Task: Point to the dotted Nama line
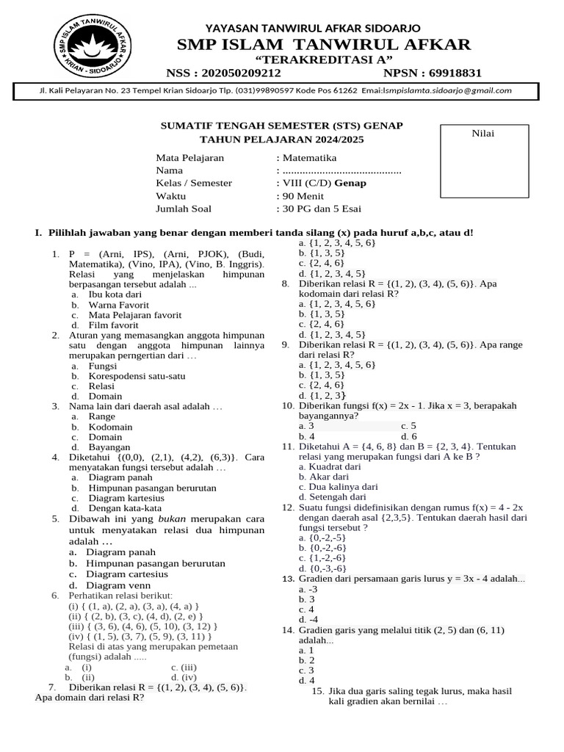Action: [x=341, y=170]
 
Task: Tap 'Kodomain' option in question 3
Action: [x=110, y=427]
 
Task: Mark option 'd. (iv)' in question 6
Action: [x=184, y=677]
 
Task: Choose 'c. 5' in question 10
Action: [x=409, y=426]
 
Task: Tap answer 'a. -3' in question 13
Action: [x=308, y=589]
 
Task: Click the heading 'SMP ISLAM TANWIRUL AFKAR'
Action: [x=323, y=45]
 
